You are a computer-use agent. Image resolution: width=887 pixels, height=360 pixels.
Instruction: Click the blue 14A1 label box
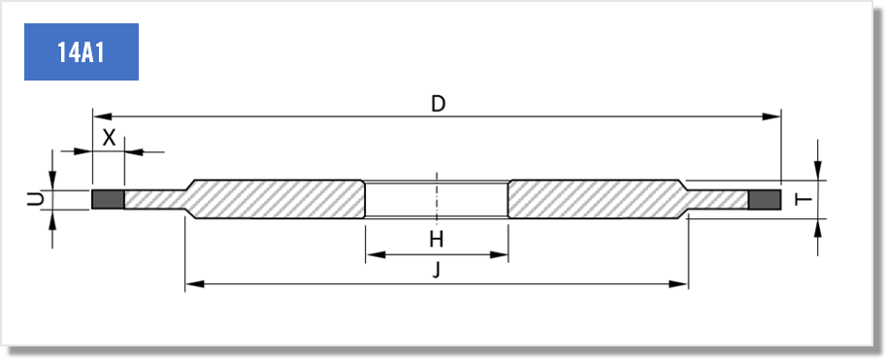[x=82, y=52]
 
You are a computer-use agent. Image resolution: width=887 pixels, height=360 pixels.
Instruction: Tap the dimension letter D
[x=439, y=104]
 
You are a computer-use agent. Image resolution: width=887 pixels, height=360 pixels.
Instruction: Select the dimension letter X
[x=109, y=138]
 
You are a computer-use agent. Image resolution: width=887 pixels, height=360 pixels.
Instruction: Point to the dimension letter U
[x=36, y=199]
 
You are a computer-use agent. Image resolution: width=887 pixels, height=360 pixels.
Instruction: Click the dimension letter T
[x=804, y=200]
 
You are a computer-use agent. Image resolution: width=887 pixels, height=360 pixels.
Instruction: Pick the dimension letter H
[x=436, y=240]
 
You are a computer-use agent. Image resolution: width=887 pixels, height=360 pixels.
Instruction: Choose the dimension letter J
[x=436, y=270]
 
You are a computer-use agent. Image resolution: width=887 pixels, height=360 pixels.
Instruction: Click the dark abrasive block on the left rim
[x=108, y=199]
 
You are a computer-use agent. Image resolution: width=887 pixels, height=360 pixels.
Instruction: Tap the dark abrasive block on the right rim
[x=765, y=200]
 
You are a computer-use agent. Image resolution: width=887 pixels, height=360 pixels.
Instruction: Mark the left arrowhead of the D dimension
[x=102, y=116]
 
